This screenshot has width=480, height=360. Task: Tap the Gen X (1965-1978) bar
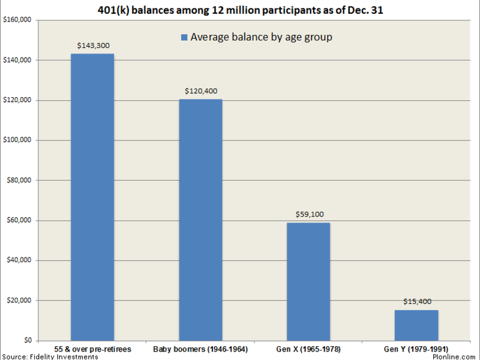(x=308, y=281)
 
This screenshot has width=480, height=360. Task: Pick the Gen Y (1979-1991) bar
(x=416, y=325)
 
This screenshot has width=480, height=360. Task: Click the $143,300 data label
(x=92, y=45)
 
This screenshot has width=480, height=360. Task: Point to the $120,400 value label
(x=200, y=91)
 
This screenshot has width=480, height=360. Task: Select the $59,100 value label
(x=308, y=214)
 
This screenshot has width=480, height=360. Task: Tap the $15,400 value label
(x=416, y=301)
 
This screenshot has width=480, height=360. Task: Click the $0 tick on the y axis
(x=28, y=340)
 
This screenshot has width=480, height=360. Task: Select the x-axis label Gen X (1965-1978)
(x=308, y=349)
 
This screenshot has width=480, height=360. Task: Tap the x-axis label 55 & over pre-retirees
(x=92, y=349)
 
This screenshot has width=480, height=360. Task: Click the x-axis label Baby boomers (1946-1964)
(x=200, y=349)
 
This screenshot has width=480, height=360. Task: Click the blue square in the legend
(x=184, y=38)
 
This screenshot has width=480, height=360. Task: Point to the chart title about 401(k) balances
(x=240, y=9)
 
